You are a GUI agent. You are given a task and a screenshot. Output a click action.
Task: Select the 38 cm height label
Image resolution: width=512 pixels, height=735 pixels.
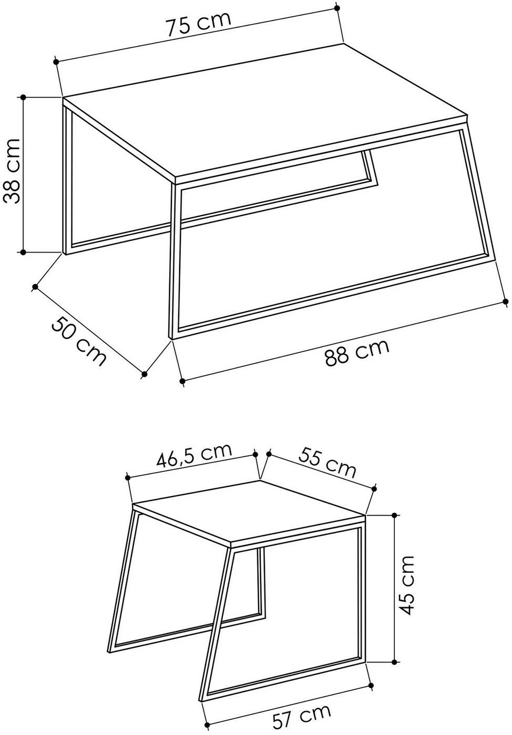[12, 171]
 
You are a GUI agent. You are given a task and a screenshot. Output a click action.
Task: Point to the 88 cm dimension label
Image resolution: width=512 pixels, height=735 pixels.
[357, 352]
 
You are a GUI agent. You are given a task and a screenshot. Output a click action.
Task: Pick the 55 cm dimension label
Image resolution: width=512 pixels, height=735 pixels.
[327, 460]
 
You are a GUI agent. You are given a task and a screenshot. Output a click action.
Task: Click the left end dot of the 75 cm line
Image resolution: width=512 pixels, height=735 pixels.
[56, 61]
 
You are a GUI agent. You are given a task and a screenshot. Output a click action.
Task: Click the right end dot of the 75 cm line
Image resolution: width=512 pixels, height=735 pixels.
[336, 7]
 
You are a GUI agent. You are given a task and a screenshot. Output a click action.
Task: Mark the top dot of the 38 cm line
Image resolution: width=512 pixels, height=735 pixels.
[23, 97]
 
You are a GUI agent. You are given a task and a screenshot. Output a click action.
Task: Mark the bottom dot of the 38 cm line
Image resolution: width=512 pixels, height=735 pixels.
[23, 252]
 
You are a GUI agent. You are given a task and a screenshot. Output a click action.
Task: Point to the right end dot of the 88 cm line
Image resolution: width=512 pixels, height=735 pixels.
[506, 301]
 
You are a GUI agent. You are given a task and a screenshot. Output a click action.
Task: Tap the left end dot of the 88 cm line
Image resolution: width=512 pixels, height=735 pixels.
[183, 381]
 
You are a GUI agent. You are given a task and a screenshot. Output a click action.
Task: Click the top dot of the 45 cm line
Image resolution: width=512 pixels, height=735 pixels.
[395, 515]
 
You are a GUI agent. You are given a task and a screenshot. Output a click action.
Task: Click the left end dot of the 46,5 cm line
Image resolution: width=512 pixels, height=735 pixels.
[128, 477]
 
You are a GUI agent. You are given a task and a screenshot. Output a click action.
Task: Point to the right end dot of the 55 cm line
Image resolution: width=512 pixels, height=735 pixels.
[374, 489]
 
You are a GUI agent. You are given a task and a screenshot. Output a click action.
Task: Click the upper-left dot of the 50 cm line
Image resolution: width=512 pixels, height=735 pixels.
[35, 287]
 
